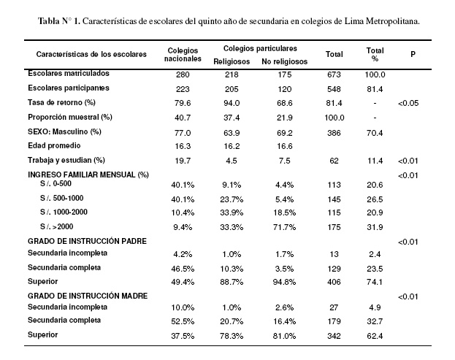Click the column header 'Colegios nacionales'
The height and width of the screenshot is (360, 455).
183,55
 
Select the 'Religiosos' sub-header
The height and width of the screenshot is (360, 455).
232,61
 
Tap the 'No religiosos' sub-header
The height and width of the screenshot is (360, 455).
284,61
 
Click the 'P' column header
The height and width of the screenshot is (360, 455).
413,54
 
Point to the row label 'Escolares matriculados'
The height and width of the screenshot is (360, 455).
69,73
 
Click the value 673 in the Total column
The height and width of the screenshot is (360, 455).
334,74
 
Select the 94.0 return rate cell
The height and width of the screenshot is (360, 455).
232,103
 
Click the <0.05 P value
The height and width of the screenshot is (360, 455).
408,103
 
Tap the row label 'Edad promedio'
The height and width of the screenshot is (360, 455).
54,145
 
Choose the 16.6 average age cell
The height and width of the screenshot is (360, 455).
284,146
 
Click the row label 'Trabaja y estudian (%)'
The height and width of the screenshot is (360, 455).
66,160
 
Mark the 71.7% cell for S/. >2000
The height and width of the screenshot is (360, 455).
284,227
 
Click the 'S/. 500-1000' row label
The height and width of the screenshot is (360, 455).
62,198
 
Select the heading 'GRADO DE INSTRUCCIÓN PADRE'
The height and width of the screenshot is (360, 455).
87,241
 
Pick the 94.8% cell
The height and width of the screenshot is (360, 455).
284,282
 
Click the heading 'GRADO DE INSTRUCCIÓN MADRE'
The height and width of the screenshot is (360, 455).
88,296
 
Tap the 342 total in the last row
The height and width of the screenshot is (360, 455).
334,336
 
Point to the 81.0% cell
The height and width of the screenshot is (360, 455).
284,336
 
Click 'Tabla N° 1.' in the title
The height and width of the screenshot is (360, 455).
59,21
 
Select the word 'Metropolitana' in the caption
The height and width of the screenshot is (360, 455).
392,21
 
